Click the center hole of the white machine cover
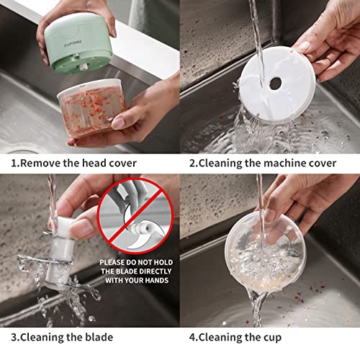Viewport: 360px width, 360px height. pos(275,83)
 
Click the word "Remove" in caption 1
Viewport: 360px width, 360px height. pos(39,163)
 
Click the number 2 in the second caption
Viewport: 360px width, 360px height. pos(192,163)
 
